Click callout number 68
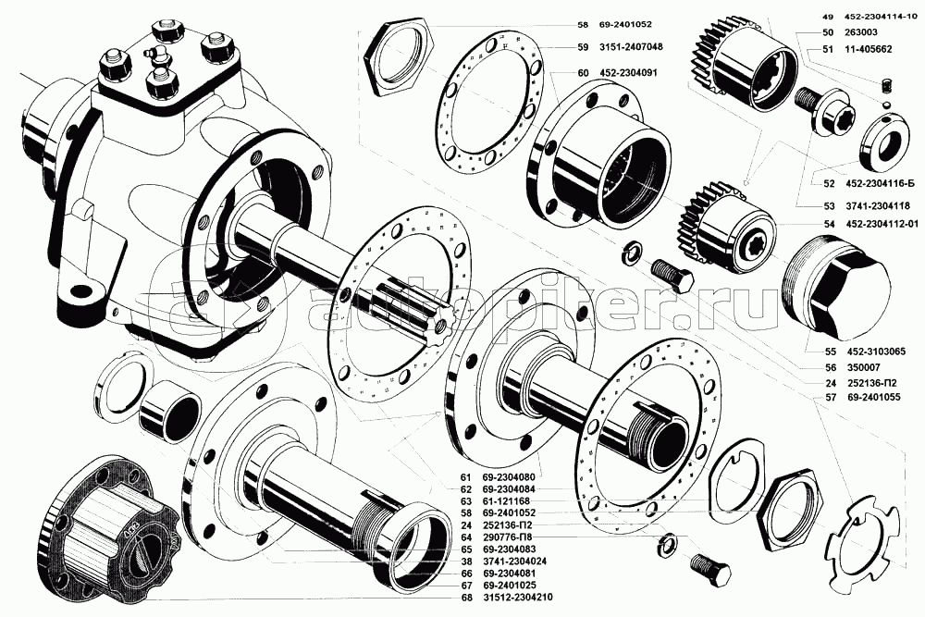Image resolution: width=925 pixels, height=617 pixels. pyautogui.click(x=466, y=598)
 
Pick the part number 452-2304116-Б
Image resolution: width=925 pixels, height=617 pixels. pyautogui.click(x=881, y=183)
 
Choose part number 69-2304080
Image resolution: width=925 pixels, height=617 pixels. pyautogui.click(x=509, y=476)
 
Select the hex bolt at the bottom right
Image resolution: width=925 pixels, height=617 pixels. pyautogui.click(x=710, y=570)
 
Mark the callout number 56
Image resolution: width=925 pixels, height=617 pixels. pyautogui.click(x=831, y=367)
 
